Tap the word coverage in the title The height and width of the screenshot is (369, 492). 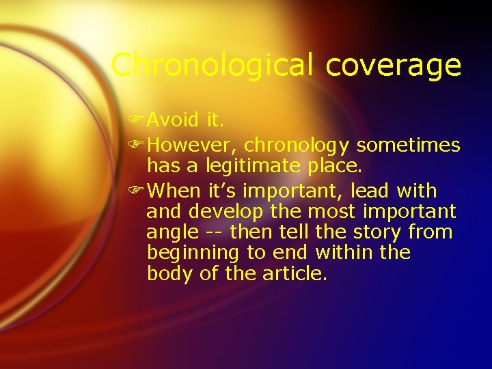click(x=394, y=66)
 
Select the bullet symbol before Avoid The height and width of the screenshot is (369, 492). click(x=139, y=120)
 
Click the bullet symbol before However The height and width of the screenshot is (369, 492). click(x=139, y=146)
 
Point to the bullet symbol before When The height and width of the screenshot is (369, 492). click(x=139, y=191)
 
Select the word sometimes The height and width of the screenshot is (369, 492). click(x=409, y=146)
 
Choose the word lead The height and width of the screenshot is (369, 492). click(x=372, y=191)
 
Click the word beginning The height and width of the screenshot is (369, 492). click(x=193, y=254)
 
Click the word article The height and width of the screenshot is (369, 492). click(x=295, y=274)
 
